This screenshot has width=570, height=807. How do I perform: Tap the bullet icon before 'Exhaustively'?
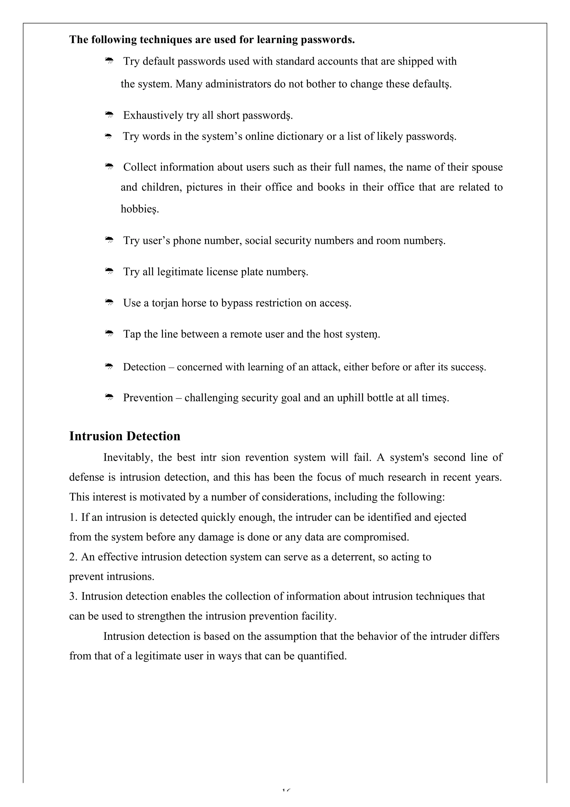point(109,115)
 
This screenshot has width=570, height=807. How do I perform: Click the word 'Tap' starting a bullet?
point(132,334)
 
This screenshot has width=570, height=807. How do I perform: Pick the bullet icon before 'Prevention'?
point(109,397)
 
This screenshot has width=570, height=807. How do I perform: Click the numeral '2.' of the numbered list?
point(73,557)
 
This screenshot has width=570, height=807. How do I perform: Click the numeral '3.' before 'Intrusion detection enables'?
point(73,596)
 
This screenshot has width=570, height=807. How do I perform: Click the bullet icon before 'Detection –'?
point(109,366)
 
